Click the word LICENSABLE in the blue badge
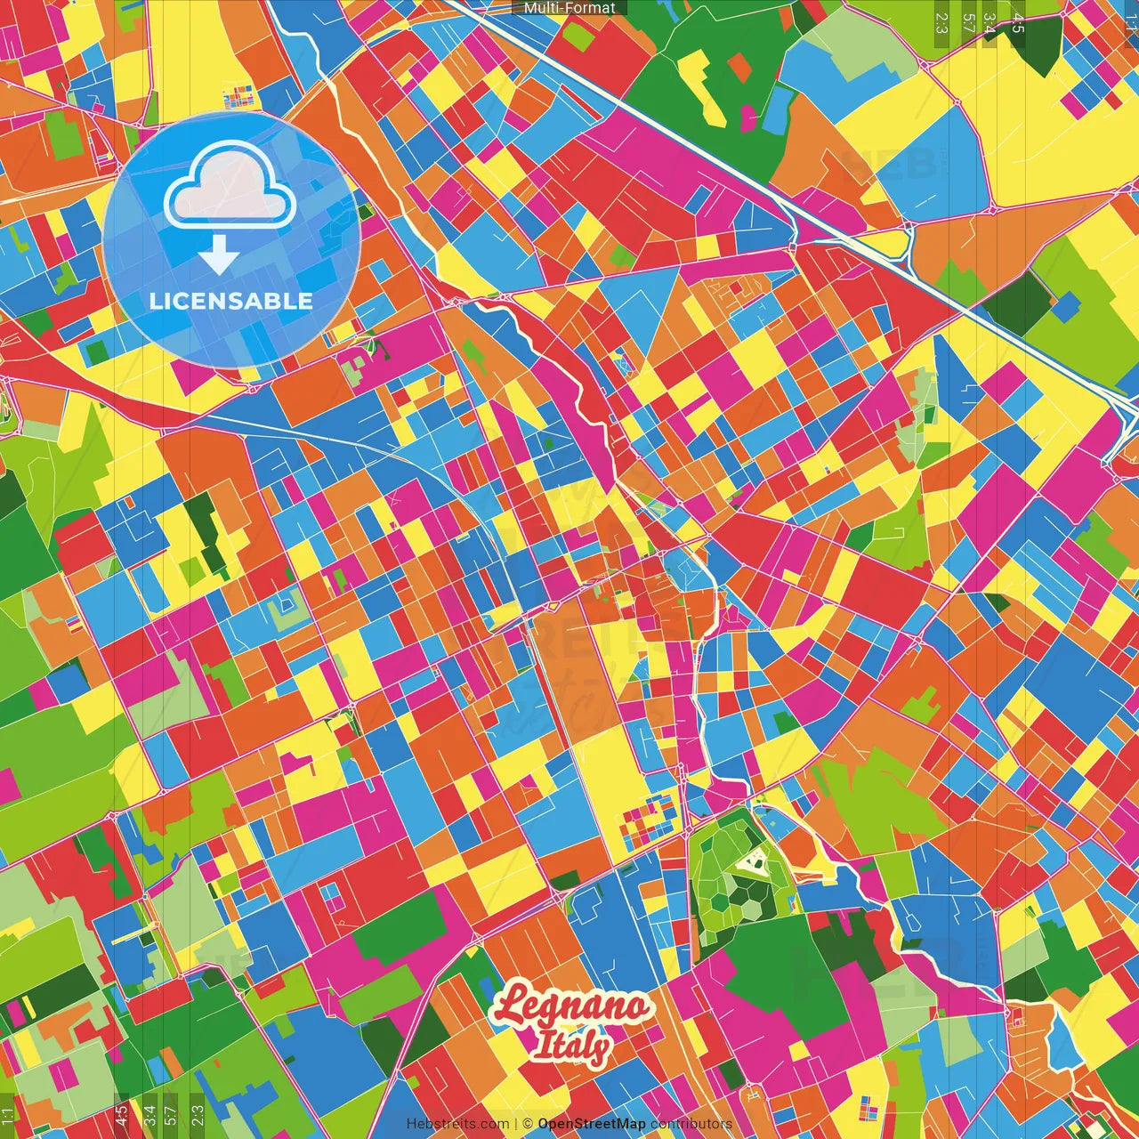click(231, 301)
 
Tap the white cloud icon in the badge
click(230, 190)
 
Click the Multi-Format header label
click(569, 8)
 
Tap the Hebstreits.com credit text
click(457, 1124)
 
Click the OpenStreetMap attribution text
click(591, 1124)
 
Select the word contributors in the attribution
click(691, 1124)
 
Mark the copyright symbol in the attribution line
click(527, 1124)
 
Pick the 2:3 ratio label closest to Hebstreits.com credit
click(197, 1115)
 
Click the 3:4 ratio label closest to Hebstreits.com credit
click(149, 1115)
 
